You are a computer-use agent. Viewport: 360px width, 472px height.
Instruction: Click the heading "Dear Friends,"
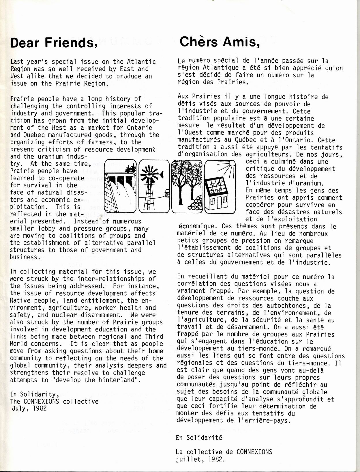53,43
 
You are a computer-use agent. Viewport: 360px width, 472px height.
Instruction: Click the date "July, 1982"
29,408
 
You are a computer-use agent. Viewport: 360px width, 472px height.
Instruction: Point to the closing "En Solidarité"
199,437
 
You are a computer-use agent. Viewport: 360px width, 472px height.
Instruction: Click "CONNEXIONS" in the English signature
41,401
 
